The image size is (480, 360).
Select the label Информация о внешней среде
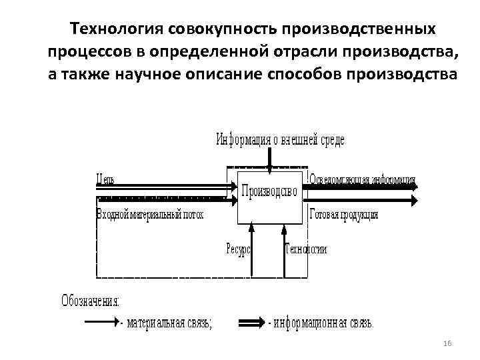click(x=280, y=140)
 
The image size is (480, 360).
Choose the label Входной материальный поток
click(x=150, y=215)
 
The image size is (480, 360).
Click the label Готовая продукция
click(x=344, y=215)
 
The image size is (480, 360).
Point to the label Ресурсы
click(x=238, y=249)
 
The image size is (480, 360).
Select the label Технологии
click(x=306, y=249)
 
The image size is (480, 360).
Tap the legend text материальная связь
click(x=171, y=323)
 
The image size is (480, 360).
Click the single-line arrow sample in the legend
click(x=101, y=323)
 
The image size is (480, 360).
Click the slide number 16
click(x=447, y=343)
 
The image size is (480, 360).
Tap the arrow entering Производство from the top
click(x=269, y=157)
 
